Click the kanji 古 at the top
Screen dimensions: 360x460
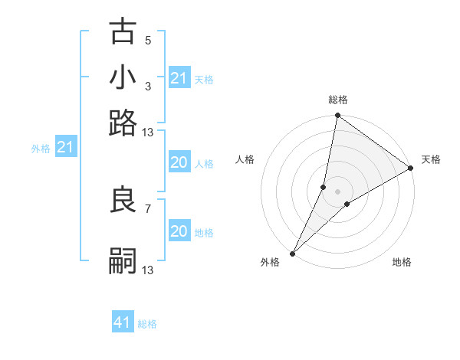123,34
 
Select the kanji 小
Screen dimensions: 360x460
123,78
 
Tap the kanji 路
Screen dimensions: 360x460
123,123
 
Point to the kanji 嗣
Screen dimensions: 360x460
123,261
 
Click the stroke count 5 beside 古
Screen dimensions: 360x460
148,40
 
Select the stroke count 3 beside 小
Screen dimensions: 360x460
148,85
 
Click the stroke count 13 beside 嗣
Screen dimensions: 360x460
148,270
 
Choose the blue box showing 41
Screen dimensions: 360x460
123,322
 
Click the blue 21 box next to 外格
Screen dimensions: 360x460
65,146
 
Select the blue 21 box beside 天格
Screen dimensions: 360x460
179,78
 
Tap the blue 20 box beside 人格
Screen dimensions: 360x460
179,162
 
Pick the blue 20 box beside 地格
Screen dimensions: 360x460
179,231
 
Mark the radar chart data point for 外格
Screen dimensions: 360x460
292,253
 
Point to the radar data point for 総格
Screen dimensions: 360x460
337,116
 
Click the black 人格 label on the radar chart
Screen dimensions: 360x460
245,159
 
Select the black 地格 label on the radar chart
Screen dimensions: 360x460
402,263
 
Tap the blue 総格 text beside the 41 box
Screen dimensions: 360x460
147,324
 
